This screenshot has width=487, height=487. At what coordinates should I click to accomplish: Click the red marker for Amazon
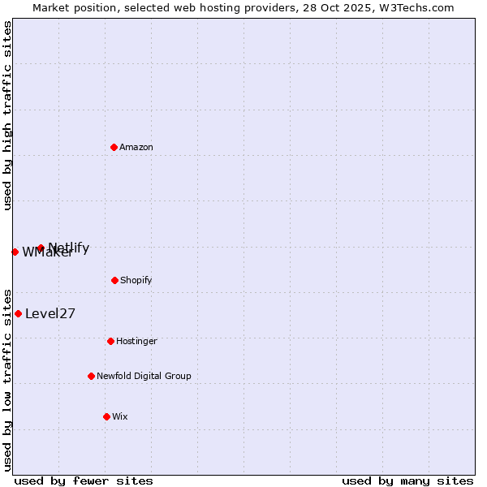[x=114, y=147]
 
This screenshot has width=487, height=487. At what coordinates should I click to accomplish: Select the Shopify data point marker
[x=114, y=280]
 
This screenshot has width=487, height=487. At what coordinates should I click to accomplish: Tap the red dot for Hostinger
[x=110, y=341]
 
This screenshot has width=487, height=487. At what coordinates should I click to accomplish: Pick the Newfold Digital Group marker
[x=91, y=376]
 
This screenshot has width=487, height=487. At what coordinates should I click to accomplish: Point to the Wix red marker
[x=106, y=416]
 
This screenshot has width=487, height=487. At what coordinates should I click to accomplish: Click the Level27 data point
[x=18, y=313]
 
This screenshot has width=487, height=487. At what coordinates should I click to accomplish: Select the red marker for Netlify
[x=41, y=248]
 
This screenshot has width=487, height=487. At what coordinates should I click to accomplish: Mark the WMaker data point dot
[x=15, y=252]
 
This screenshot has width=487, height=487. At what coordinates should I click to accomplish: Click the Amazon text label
[x=136, y=147]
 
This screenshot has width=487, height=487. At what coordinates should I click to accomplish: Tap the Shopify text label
[x=136, y=280]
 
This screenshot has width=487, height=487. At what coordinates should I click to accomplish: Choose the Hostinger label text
[x=136, y=341]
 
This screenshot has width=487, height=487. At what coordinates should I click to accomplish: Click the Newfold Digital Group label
[x=144, y=376]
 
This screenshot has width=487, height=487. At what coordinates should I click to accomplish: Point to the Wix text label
[x=120, y=416]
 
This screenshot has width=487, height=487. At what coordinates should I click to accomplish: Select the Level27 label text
[x=50, y=314]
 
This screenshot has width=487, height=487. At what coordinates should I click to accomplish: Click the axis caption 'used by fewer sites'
[x=84, y=481]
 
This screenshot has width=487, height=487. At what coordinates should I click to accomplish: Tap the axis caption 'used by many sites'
[x=407, y=481]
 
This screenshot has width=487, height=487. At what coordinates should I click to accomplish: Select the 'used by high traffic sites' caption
[x=7, y=115]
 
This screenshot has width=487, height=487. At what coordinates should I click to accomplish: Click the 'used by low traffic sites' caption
[x=7, y=379]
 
